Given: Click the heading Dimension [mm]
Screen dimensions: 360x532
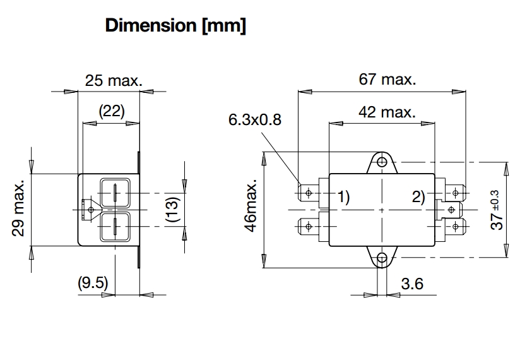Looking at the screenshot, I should coord(175,27).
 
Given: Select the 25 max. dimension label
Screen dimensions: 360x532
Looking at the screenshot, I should coord(114,80).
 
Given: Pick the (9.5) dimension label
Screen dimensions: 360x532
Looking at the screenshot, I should coord(93,284).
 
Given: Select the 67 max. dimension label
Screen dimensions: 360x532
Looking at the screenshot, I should coord(387,80).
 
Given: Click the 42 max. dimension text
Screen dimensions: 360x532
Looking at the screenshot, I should coord(387,112).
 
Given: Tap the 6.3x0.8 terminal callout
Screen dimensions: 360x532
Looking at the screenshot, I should coord(254,119).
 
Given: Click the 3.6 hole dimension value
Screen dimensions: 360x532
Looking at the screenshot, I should coord(411,284).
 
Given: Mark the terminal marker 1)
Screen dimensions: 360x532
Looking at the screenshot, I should coord(341,196).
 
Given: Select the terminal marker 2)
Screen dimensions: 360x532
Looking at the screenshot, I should coord(419,196).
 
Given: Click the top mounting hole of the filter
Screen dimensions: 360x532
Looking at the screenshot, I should coord(382,162).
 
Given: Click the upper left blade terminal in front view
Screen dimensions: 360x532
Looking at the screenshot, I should coord(308,191).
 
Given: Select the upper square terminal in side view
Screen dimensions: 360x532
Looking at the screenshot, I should coord(115,191).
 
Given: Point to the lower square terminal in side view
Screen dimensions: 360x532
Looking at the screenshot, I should coord(115,224).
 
